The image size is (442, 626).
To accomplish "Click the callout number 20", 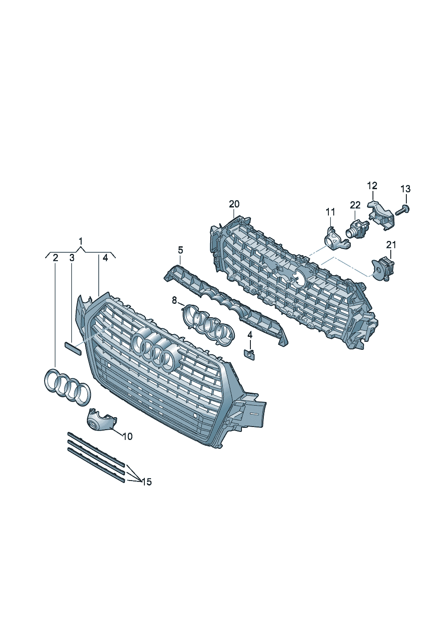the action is tap(234, 204).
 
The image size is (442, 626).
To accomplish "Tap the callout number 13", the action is tap(405, 189).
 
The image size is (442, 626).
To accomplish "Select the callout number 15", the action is tap(147, 482).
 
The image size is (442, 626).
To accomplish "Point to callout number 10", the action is tap(127, 436).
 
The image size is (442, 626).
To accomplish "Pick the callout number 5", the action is tap(180, 249).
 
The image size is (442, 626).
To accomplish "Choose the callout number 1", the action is tap(81, 241).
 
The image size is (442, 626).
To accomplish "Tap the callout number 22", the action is tap(355, 205).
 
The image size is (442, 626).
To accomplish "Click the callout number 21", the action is tap(391, 245).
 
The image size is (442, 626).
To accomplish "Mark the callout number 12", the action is tap(372, 186).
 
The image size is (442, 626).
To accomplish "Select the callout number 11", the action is tap(330, 211).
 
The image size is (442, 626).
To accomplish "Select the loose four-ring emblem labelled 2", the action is tap(67, 386).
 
